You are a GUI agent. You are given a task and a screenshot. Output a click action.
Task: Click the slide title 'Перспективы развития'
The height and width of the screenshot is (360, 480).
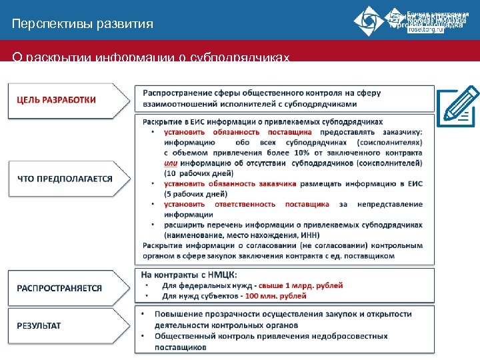coord(82,25)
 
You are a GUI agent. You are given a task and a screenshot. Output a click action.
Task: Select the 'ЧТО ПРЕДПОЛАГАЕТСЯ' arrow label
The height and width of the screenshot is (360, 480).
coord(65,179)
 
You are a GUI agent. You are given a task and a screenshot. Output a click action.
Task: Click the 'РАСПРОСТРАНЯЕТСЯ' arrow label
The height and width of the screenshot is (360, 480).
coord(59,288)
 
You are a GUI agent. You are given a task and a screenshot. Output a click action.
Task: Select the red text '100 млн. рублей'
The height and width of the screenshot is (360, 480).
coord(275,295)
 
